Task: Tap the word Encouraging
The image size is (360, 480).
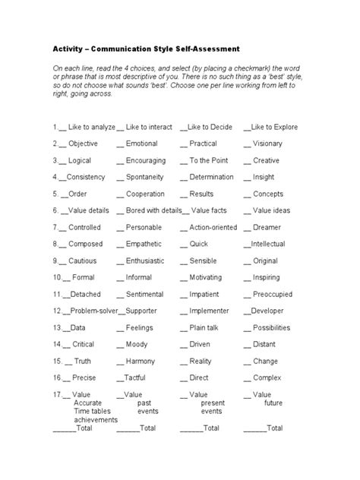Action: [146, 160]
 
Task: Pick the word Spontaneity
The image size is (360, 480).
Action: [145, 177]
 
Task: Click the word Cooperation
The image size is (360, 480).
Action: [145, 194]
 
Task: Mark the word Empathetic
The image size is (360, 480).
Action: [145, 244]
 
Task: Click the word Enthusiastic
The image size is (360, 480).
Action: [145, 261]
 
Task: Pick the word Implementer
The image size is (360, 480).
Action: [209, 311]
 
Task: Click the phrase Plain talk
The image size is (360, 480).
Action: [204, 327]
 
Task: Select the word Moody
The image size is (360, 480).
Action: [137, 344]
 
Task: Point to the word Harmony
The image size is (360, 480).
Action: [140, 361]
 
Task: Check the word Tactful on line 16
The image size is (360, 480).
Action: [135, 377]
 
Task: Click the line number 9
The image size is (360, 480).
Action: [55, 261]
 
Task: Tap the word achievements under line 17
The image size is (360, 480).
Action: [96, 419]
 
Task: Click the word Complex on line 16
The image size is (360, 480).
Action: [267, 377]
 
